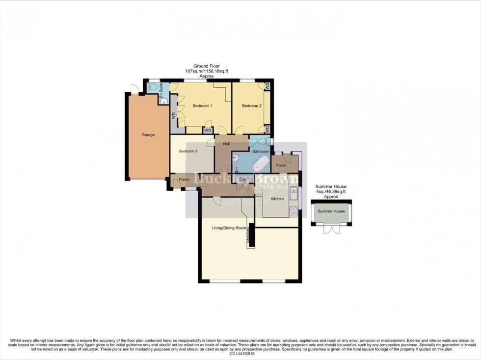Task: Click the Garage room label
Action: click(x=148, y=134)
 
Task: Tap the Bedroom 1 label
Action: click(x=202, y=106)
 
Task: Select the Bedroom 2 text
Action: click(x=251, y=106)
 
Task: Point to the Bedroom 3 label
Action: click(x=188, y=152)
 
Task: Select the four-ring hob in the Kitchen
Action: click(x=294, y=211)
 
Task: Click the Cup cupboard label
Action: click(x=243, y=180)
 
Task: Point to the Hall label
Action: click(x=227, y=144)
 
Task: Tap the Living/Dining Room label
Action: click(x=228, y=228)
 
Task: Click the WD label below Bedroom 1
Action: click(x=208, y=130)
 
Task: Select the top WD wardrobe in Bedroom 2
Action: click(x=267, y=85)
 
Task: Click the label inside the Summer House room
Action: click(x=331, y=211)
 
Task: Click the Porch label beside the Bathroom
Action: click(x=281, y=166)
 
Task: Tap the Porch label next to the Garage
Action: click(x=184, y=180)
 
